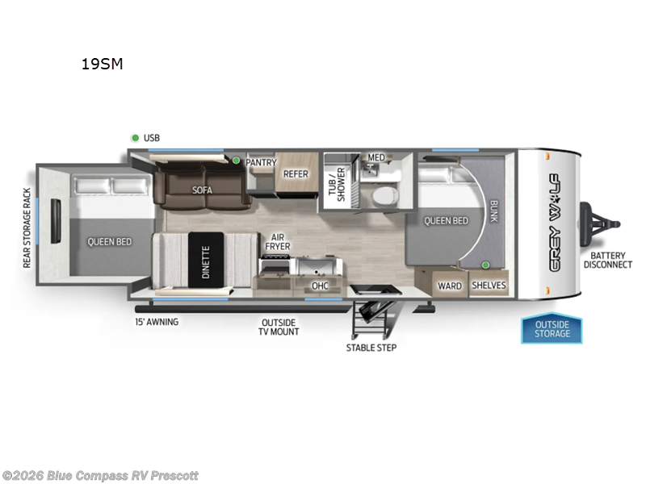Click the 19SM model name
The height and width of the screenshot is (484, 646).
[102, 65]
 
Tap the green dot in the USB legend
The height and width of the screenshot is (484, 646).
[135, 138]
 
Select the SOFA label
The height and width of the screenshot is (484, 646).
[202, 190]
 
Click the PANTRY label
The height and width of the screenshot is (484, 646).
[261, 162]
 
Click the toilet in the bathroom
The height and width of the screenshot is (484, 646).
[384, 197]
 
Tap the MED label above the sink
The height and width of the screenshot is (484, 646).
[376, 157]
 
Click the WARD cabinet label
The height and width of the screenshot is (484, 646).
[449, 286]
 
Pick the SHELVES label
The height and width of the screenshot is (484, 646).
[488, 286]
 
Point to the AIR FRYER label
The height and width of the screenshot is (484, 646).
[280, 240]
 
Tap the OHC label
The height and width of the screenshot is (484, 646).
[320, 286]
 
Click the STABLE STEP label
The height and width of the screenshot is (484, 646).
[371, 348]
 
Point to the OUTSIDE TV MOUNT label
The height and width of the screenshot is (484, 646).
[279, 327]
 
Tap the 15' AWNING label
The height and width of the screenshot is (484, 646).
[157, 322]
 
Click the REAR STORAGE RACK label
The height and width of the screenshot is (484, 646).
[27, 227]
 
